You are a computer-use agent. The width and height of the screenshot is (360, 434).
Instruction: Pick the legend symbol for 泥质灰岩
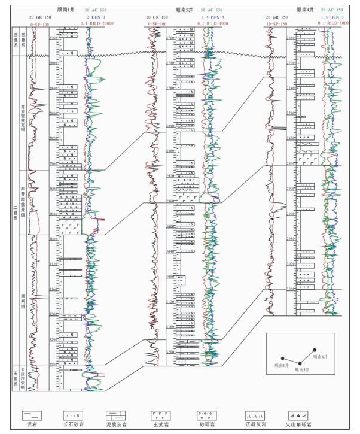tap(115, 414)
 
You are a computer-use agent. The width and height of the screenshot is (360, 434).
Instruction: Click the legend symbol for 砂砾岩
tap(206, 414)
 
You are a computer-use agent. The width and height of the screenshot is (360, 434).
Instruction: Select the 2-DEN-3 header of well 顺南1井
tap(95, 17)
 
